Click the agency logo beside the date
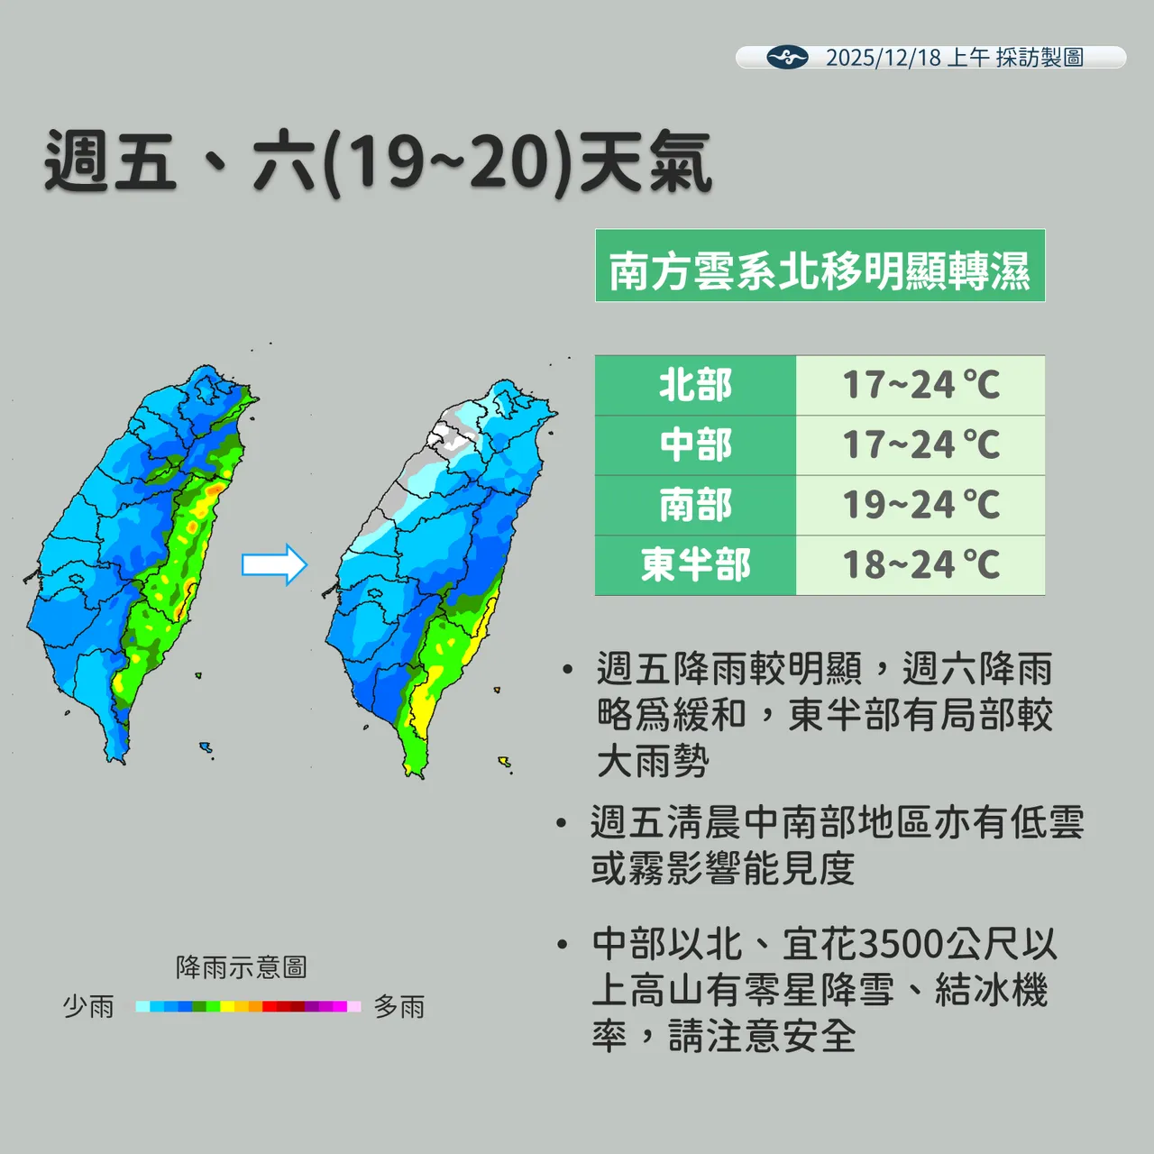(x=786, y=58)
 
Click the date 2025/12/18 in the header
(x=883, y=58)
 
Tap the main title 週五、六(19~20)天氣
(x=378, y=162)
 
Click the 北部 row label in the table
(x=695, y=385)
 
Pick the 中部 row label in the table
(x=695, y=445)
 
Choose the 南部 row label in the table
(x=695, y=505)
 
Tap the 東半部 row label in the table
(x=695, y=565)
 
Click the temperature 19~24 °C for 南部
(x=920, y=505)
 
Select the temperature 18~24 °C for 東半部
(x=920, y=565)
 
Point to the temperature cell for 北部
(x=920, y=385)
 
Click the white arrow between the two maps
(x=274, y=565)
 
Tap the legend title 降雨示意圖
(x=241, y=967)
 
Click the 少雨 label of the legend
(x=88, y=1006)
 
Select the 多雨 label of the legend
(x=399, y=1006)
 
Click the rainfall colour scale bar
(x=248, y=1006)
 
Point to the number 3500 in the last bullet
(x=902, y=945)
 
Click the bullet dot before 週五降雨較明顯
(x=566, y=670)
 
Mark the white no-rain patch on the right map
(x=452, y=436)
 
